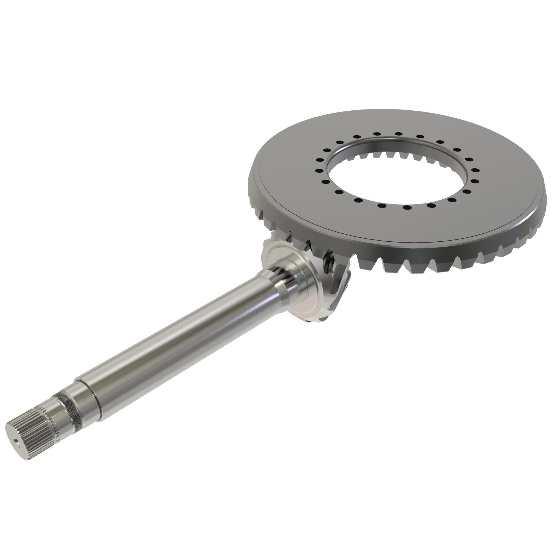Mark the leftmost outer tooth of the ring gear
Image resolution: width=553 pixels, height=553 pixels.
point(252,186)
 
